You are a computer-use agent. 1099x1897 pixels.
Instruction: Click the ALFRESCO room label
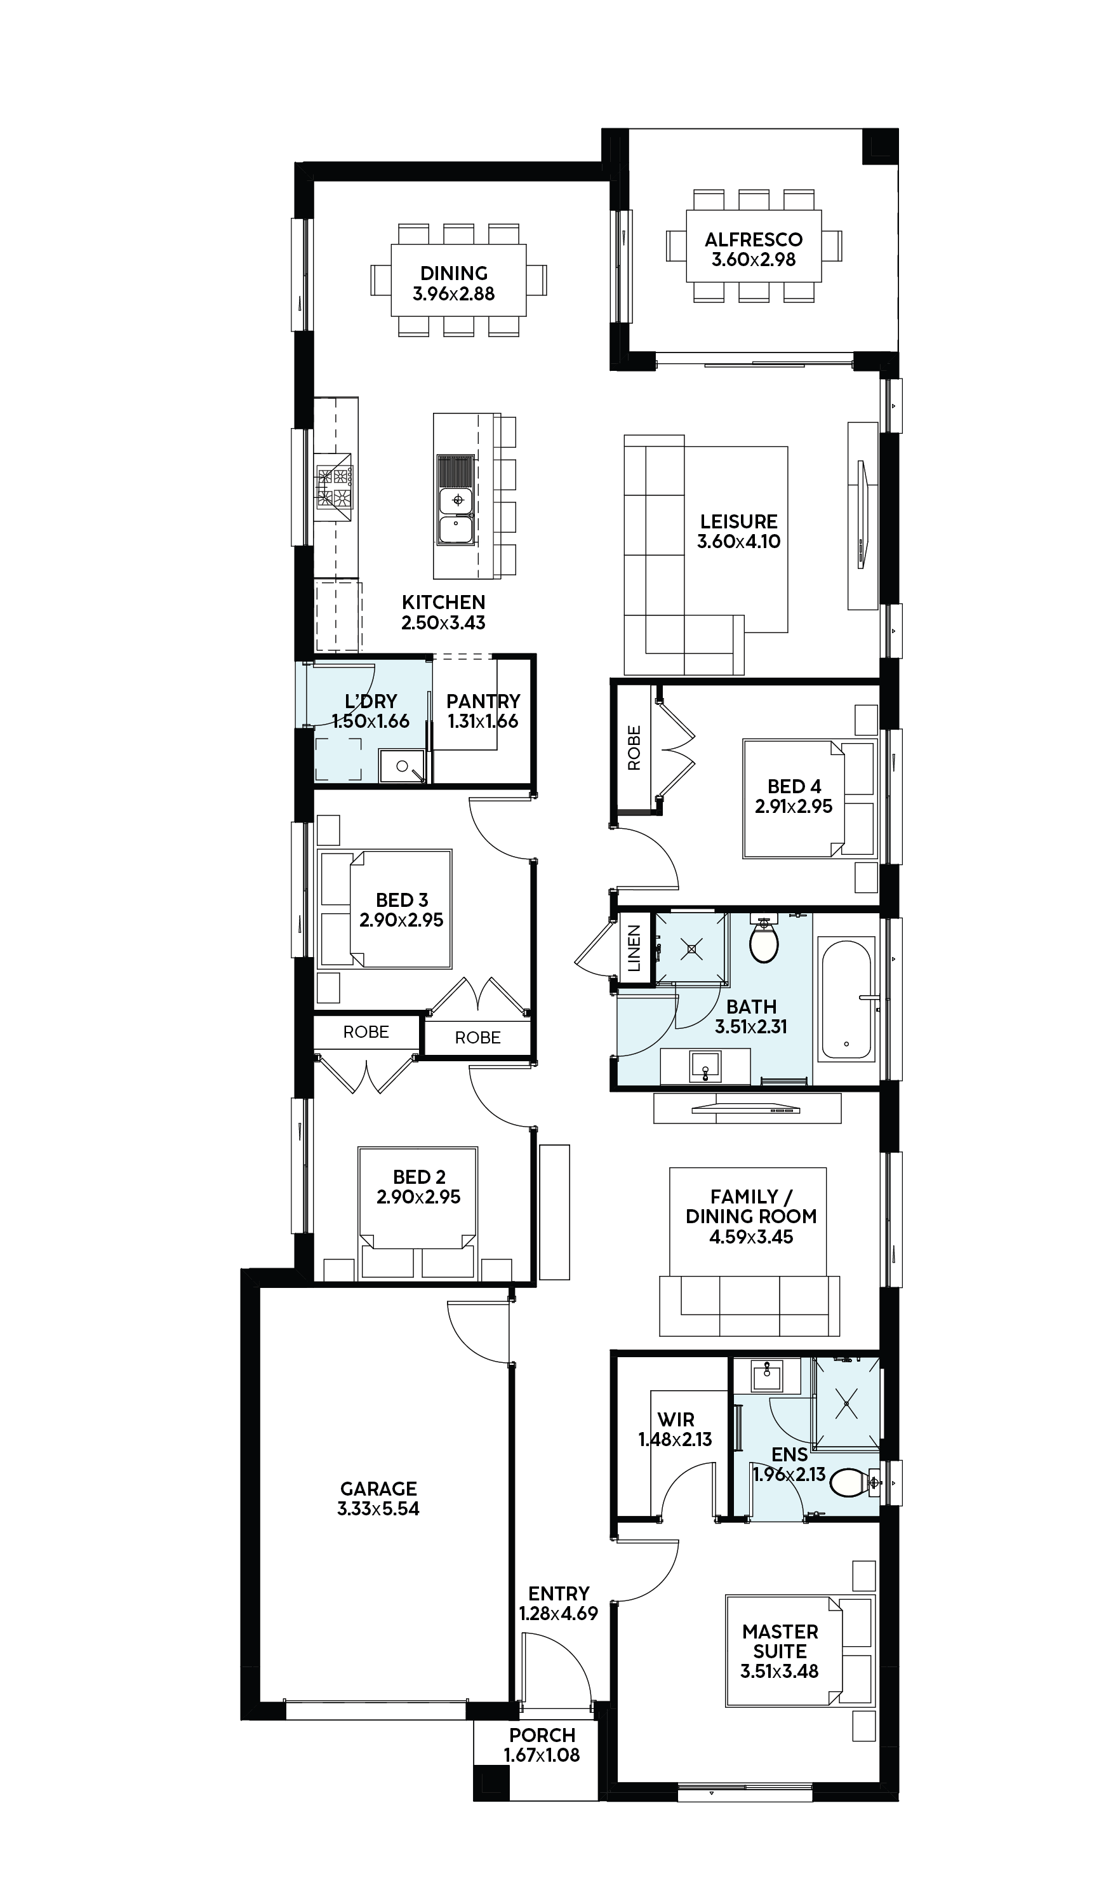(x=754, y=239)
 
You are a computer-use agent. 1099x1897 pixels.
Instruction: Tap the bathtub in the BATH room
(x=847, y=999)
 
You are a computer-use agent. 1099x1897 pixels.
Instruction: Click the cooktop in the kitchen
(x=333, y=487)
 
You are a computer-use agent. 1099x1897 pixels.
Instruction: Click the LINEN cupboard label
(x=634, y=949)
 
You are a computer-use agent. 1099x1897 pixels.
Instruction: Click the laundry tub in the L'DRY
(x=402, y=765)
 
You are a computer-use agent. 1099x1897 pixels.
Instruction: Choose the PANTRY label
(x=483, y=701)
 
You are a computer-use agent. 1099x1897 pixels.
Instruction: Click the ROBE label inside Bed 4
(x=634, y=747)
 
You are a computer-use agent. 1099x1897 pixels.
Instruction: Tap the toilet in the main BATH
(x=763, y=939)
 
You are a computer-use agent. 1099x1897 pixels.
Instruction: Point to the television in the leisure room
(x=863, y=516)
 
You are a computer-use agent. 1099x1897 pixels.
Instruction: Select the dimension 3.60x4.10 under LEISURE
(x=738, y=541)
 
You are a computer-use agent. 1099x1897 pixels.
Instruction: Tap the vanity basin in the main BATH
(x=705, y=1066)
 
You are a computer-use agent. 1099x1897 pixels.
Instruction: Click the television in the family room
(x=746, y=1108)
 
